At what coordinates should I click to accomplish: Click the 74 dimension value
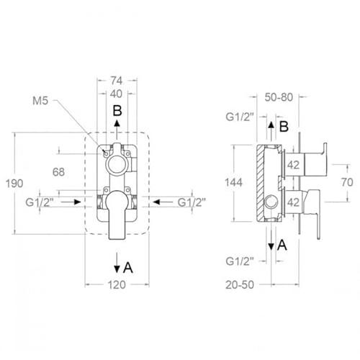[x=117, y=81]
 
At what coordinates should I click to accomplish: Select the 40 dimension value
[x=116, y=94]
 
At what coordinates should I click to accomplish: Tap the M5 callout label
[x=40, y=101]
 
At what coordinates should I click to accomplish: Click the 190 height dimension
[x=14, y=184]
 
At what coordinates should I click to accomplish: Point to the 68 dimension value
[x=59, y=172]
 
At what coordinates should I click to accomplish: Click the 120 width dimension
[x=117, y=285]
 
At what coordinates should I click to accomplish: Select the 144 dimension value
[x=234, y=183]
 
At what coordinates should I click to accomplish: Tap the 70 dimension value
[x=347, y=182]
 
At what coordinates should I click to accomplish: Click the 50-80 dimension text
[x=279, y=97]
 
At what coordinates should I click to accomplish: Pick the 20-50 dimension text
[x=240, y=285]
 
